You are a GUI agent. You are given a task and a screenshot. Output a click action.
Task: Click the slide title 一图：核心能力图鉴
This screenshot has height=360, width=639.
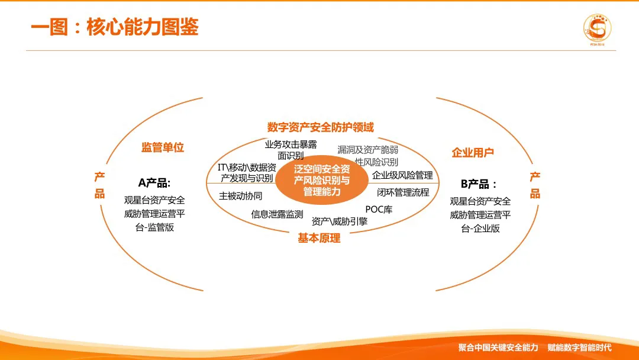click(114, 27)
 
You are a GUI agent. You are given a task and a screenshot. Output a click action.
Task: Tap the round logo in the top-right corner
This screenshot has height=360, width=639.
click(597, 28)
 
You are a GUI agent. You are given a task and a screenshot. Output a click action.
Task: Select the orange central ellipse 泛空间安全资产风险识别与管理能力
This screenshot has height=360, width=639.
click(321, 181)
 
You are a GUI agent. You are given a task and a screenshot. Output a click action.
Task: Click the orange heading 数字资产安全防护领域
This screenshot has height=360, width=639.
click(320, 127)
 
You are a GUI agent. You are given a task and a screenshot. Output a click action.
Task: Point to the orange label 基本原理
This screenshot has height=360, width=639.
click(319, 238)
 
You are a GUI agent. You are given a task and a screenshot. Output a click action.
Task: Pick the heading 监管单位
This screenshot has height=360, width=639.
click(162, 147)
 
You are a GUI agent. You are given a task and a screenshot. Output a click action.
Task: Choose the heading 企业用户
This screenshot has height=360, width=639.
click(473, 153)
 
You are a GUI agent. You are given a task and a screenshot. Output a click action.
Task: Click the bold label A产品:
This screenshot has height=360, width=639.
click(154, 183)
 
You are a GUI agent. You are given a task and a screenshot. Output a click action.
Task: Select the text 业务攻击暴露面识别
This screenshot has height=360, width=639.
click(291, 150)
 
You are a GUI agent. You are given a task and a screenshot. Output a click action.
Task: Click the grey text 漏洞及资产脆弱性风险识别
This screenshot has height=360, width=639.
click(367, 156)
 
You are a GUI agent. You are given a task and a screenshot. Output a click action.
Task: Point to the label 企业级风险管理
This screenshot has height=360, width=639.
click(402, 175)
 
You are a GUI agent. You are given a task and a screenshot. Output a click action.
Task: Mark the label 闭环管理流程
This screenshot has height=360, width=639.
click(403, 192)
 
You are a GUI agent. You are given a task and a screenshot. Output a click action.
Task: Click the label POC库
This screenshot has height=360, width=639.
click(379, 209)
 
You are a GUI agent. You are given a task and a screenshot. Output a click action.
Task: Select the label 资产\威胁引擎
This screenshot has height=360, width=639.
click(340, 221)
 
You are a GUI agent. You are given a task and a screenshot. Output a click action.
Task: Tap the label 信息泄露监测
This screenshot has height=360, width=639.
click(277, 214)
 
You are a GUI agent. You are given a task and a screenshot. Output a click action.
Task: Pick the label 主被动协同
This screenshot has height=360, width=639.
click(240, 195)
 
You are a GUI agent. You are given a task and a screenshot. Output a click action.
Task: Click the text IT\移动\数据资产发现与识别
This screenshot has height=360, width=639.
click(247, 172)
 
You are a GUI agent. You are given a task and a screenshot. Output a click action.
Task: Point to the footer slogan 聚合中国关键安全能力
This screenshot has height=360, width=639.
click(498, 348)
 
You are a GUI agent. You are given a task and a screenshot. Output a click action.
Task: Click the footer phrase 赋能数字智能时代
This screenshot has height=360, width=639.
click(579, 348)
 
